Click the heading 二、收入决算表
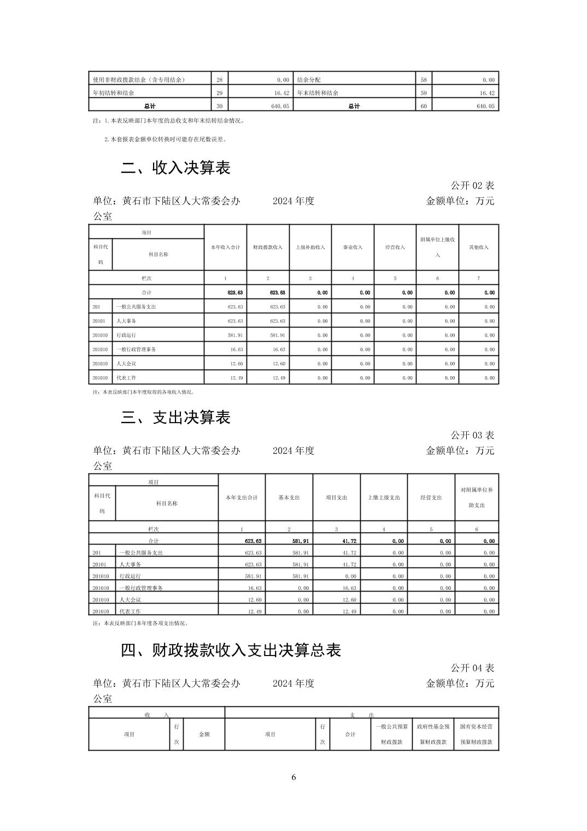(x=175, y=168)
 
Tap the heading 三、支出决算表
(x=175, y=418)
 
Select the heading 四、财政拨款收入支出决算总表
(x=231, y=650)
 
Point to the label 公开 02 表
(x=472, y=186)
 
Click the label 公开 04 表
(x=472, y=668)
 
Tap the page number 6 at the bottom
(x=293, y=777)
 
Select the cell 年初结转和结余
(x=114, y=93)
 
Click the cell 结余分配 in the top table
(x=309, y=80)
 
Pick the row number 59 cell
(x=424, y=93)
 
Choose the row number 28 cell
(x=219, y=80)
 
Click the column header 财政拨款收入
(x=268, y=247)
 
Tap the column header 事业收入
(x=353, y=247)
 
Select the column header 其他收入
(x=478, y=247)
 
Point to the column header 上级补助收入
(x=310, y=247)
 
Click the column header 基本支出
(x=289, y=498)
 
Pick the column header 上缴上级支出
(x=384, y=498)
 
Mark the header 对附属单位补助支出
(x=477, y=498)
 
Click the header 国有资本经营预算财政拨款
(x=476, y=734)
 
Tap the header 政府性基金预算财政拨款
(x=433, y=734)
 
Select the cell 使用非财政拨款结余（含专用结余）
(x=139, y=80)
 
